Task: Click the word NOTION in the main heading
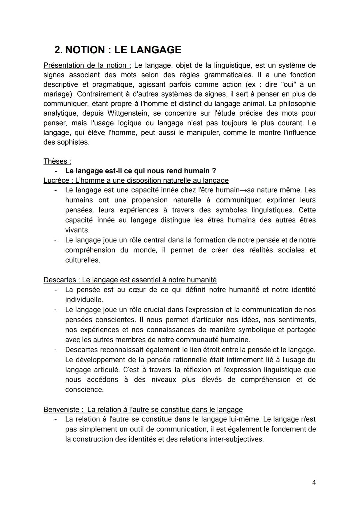click(85, 50)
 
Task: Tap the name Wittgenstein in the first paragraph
click(128, 113)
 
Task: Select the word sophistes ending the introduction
click(73, 142)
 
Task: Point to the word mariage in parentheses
click(57, 94)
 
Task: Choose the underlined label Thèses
click(57, 161)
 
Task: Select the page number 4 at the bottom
click(314, 482)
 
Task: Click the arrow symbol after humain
click(243, 190)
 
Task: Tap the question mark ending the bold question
click(214, 171)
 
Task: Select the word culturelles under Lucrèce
click(82, 260)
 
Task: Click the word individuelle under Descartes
click(84, 300)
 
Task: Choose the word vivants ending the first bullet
click(77, 230)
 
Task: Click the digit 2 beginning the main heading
click(58, 50)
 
